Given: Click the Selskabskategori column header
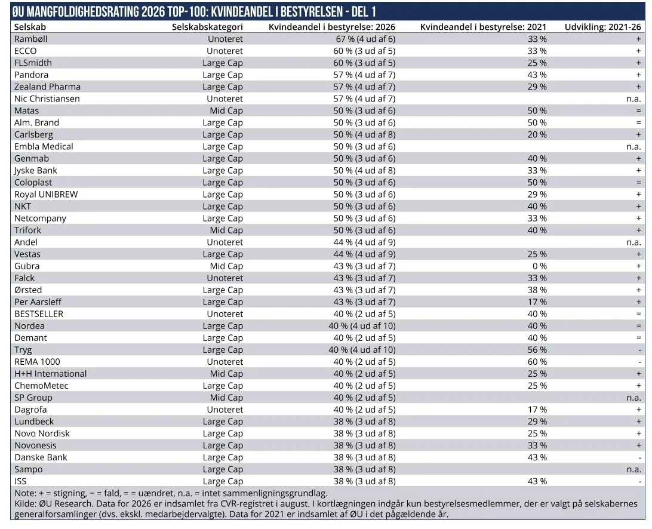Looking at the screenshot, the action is (x=207, y=27).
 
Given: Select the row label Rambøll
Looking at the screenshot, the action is (x=31, y=39).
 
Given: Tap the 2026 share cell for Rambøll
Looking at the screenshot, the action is (x=365, y=39).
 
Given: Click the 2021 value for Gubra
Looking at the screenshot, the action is (x=540, y=266).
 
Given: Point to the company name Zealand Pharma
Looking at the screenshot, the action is (x=47, y=87).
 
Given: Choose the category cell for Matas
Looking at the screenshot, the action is (x=226, y=111).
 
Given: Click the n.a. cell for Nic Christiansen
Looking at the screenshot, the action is (x=633, y=99).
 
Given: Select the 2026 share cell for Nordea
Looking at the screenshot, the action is (x=362, y=326).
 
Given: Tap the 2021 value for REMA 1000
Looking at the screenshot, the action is (x=537, y=362).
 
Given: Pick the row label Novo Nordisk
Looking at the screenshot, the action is (x=42, y=433).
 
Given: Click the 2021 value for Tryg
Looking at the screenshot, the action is (x=537, y=350).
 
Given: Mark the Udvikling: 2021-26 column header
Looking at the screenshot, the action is (x=602, y=27).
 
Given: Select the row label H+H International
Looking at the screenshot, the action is (x=50, y=374).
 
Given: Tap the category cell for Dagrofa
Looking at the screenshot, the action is (x=224, y=410).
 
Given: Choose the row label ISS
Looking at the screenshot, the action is (x=20, y=482).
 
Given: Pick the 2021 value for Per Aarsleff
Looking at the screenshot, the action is (x=537, y=302).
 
